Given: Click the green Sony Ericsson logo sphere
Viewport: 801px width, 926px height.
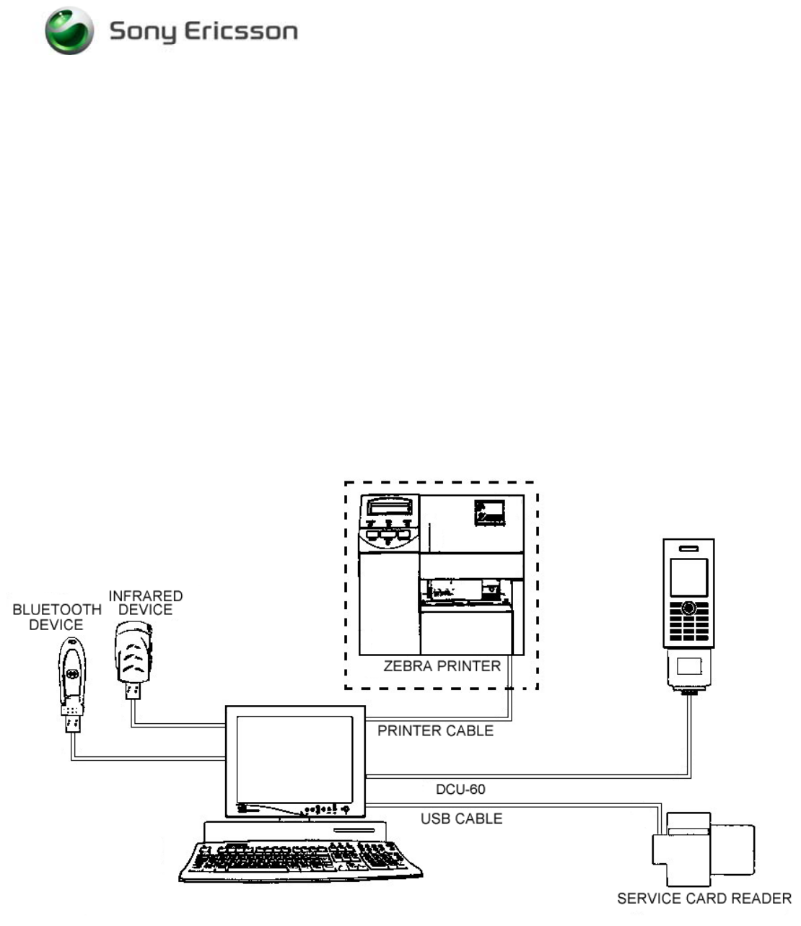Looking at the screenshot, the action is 69,31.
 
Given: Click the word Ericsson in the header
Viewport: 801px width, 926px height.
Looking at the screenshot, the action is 241,32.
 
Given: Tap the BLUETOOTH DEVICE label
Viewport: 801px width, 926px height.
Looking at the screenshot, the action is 57,617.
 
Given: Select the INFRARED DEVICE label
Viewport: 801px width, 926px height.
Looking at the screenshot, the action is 146,603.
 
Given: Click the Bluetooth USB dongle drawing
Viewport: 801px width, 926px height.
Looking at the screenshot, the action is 71,681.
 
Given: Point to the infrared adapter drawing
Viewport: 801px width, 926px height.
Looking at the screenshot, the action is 133,657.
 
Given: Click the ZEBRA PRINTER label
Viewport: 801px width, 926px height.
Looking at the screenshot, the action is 442,666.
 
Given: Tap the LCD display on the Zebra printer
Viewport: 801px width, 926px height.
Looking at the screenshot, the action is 390,506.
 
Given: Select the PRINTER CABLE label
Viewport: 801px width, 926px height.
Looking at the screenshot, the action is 435,730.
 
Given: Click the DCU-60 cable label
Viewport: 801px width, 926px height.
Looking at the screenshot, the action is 460,789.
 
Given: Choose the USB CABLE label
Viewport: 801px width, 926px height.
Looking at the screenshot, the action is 461,818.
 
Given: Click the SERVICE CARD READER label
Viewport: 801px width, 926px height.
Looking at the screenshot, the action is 704,899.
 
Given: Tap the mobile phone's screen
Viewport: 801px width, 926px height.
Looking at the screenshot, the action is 688,577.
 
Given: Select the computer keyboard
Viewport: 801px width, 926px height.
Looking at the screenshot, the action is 299,861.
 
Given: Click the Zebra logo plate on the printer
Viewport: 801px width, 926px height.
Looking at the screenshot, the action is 489,512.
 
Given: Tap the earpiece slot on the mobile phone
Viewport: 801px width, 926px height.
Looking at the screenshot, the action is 688,549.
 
